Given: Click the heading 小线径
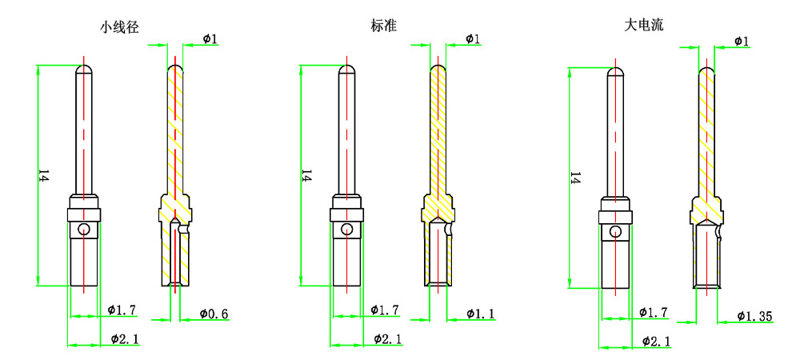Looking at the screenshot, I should [120, 26].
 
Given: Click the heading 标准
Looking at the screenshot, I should [384, 26].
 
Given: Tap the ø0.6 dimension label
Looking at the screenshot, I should [214, 314].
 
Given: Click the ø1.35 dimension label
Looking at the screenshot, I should [754, 317].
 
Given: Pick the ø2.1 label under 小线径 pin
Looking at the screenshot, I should [125, 339].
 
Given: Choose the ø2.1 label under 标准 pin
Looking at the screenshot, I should [388, 339].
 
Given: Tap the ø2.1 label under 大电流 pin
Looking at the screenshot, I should [656, 342].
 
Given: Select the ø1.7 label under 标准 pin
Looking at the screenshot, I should [385, 310].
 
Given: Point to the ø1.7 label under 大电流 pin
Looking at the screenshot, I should [654, 312].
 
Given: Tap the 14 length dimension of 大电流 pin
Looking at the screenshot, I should [574, 178].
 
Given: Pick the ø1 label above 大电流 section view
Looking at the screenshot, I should [741, 41].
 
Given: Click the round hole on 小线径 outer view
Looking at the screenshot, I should [83, 230].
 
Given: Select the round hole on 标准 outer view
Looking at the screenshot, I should [346, 230].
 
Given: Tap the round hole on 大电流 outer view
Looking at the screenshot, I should [615, 232].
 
